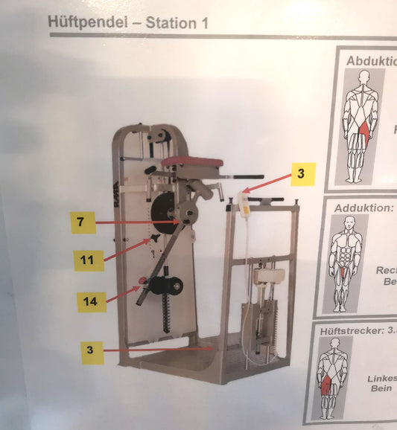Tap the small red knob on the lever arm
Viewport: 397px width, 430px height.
(x=140, y=280)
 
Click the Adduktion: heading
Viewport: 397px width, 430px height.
(x=363, y=208)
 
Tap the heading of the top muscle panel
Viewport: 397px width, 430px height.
(x=371, y=61)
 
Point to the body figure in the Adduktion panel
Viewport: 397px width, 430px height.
(x=342, y=263)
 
